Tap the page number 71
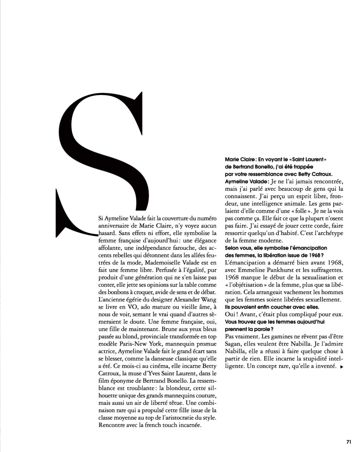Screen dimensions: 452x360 [349, 442]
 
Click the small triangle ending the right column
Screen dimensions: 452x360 [341, 367]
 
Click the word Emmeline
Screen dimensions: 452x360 [251, 270]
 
